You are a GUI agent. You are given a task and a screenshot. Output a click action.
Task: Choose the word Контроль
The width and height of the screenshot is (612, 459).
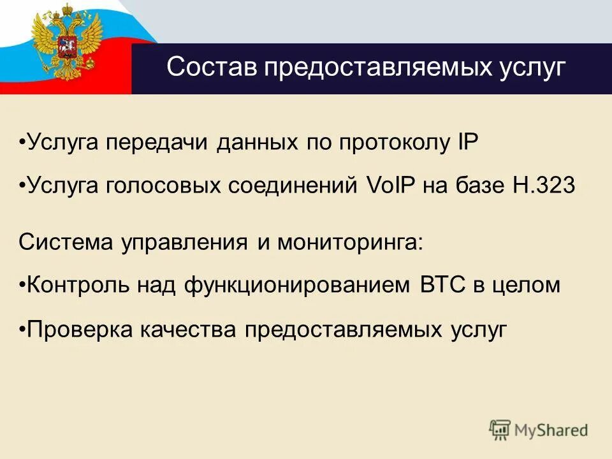coord(78,285)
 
